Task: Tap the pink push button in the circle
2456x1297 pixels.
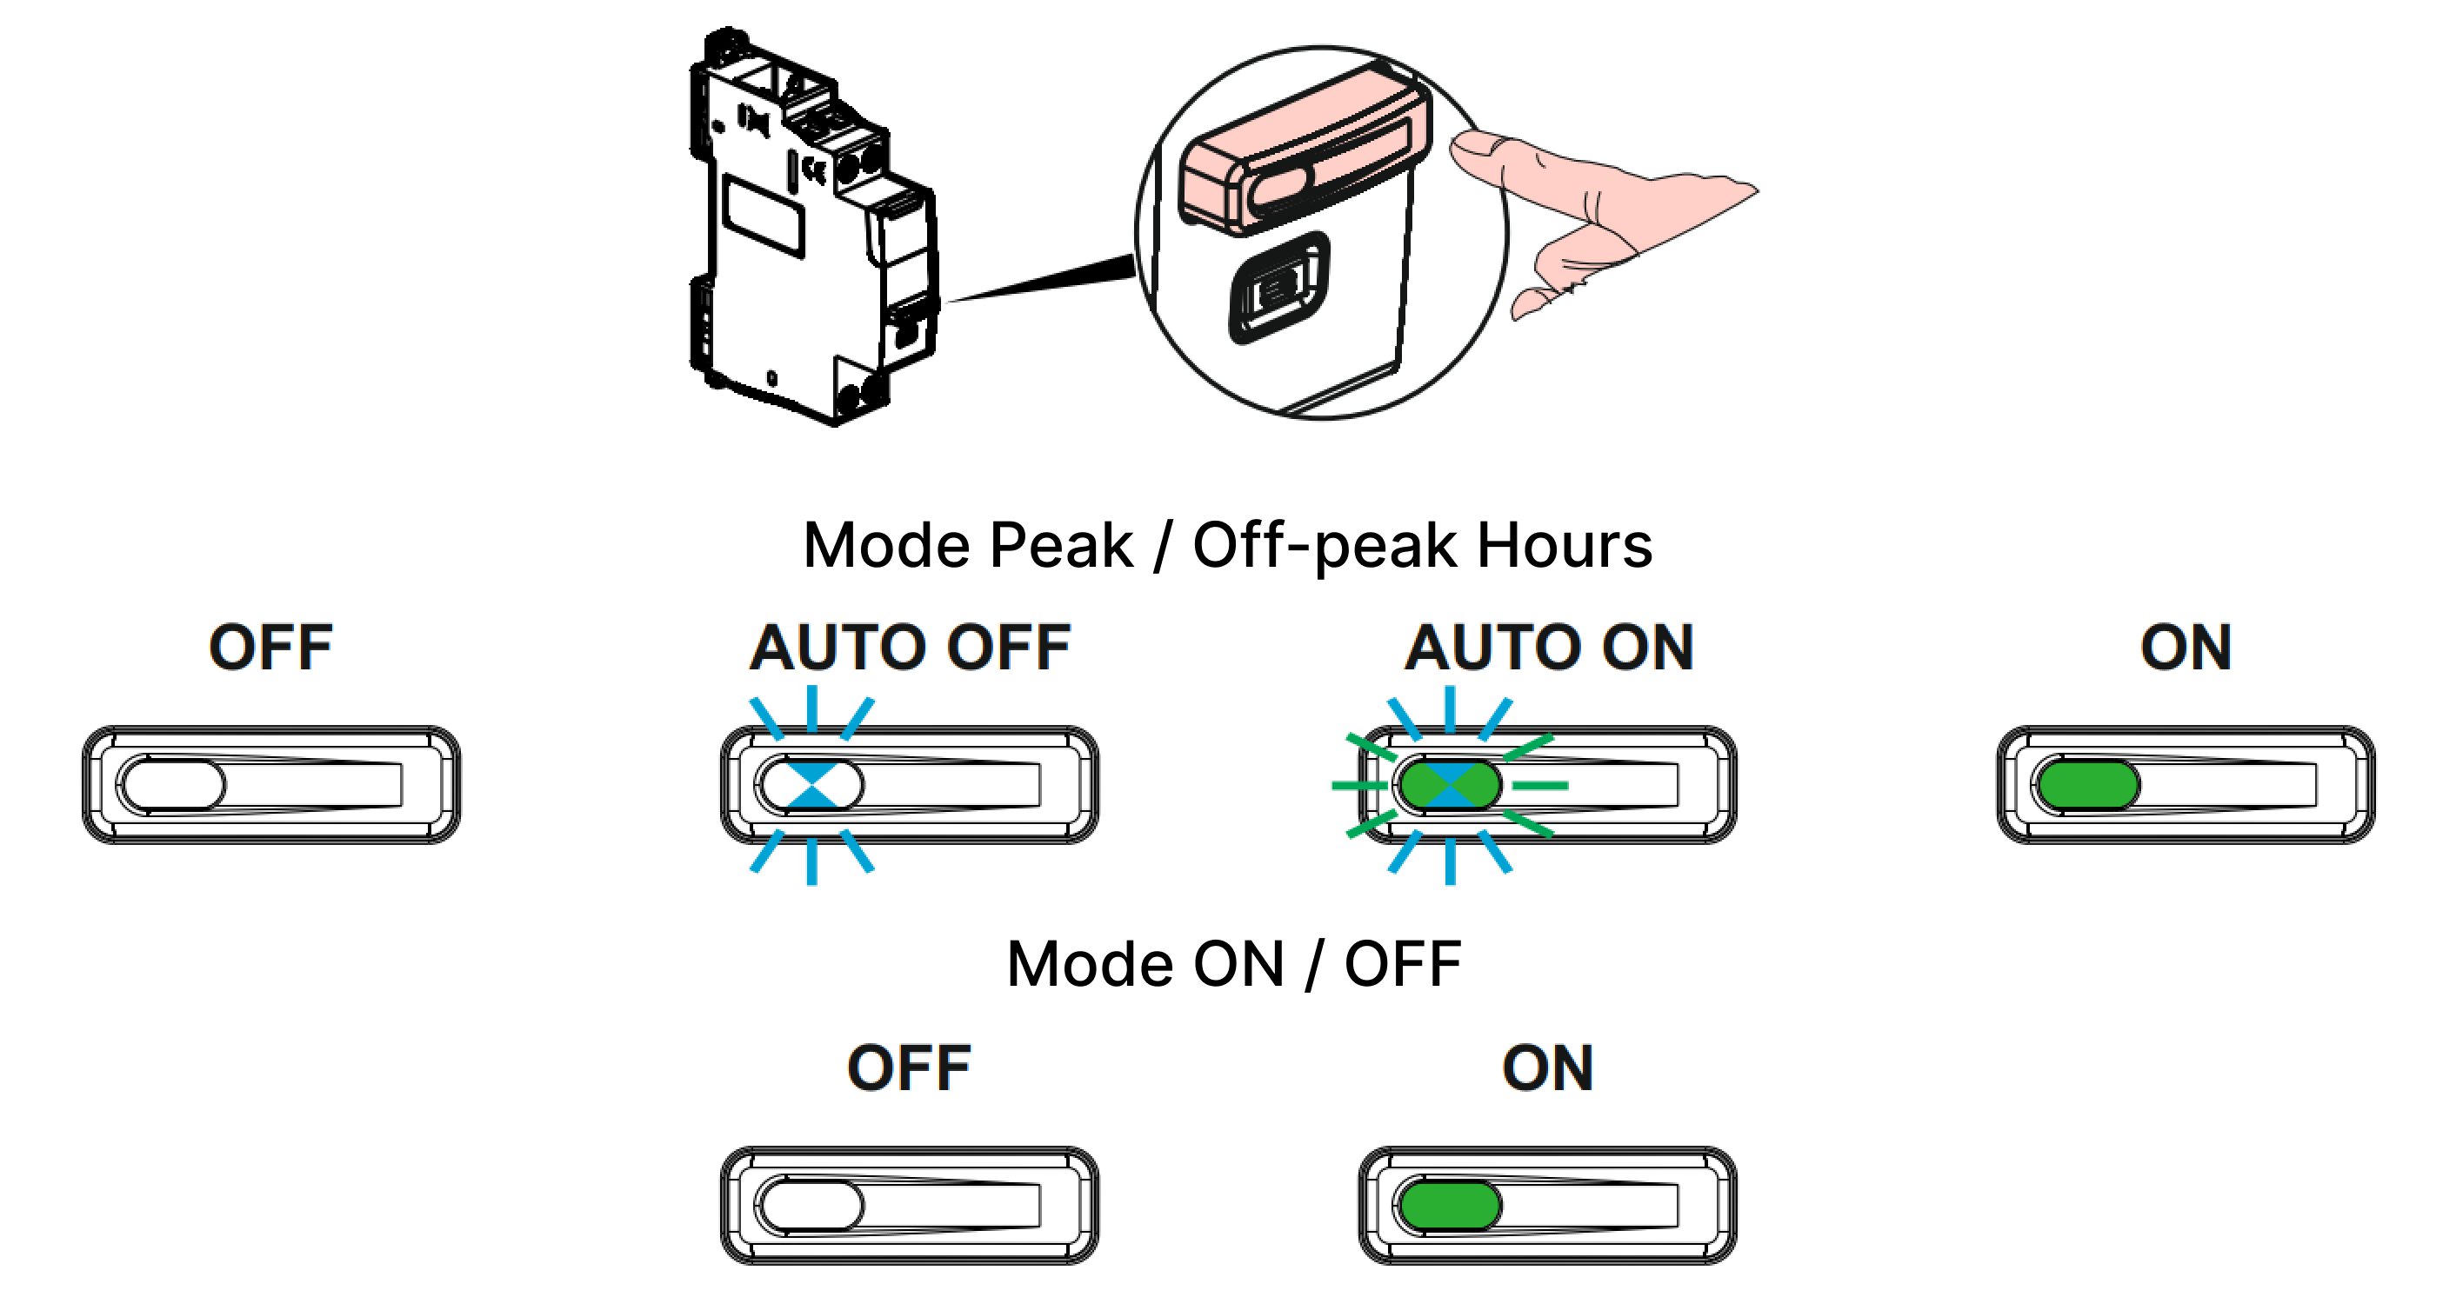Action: pos(1306,152)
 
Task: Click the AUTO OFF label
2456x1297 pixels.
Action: pos(910,648)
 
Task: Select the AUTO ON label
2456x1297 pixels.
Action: pos(1548,648)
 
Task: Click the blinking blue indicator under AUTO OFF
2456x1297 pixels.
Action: pos(811,785)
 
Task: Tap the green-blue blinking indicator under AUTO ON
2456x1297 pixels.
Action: pos(1449,785)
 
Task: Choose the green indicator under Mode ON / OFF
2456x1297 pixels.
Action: pos(1449,1206)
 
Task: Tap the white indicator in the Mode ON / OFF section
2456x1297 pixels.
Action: pos(811,1206)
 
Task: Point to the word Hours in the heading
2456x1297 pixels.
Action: pos(1564,546)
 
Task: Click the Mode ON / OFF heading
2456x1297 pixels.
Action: pos(1234,964)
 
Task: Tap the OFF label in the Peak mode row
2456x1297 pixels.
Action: pos(270,648)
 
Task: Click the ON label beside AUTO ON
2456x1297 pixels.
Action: pos(2186,648)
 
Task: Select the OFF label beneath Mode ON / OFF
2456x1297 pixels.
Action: pos(909,1068)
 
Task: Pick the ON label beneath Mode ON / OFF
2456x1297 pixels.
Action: pos(1547,1068)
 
